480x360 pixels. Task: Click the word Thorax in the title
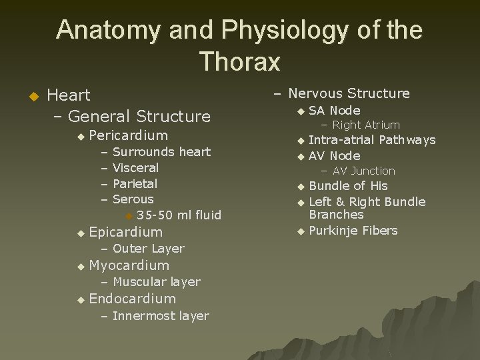(239, 61)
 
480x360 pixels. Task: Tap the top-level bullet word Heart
(69, 95)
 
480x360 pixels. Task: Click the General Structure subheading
(139, 116)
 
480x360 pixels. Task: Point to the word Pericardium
(128, 135)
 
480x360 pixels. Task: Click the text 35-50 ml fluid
(179, 215)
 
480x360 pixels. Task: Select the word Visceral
(135, 168)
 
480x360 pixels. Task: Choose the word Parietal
(135, 183)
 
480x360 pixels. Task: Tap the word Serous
(133, 199)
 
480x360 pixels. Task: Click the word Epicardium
(125, 232)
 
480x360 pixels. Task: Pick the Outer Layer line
(148, 249)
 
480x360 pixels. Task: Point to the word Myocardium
(129, 265)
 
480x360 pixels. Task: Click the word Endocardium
(132, 299)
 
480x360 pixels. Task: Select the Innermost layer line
(160, 316)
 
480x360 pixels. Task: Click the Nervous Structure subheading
(349, 93)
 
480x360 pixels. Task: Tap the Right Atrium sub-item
(365, 125)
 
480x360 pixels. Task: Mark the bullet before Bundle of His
(300, 186)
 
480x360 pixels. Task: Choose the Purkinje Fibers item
(353, 231)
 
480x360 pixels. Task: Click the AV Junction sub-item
(363, 171)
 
